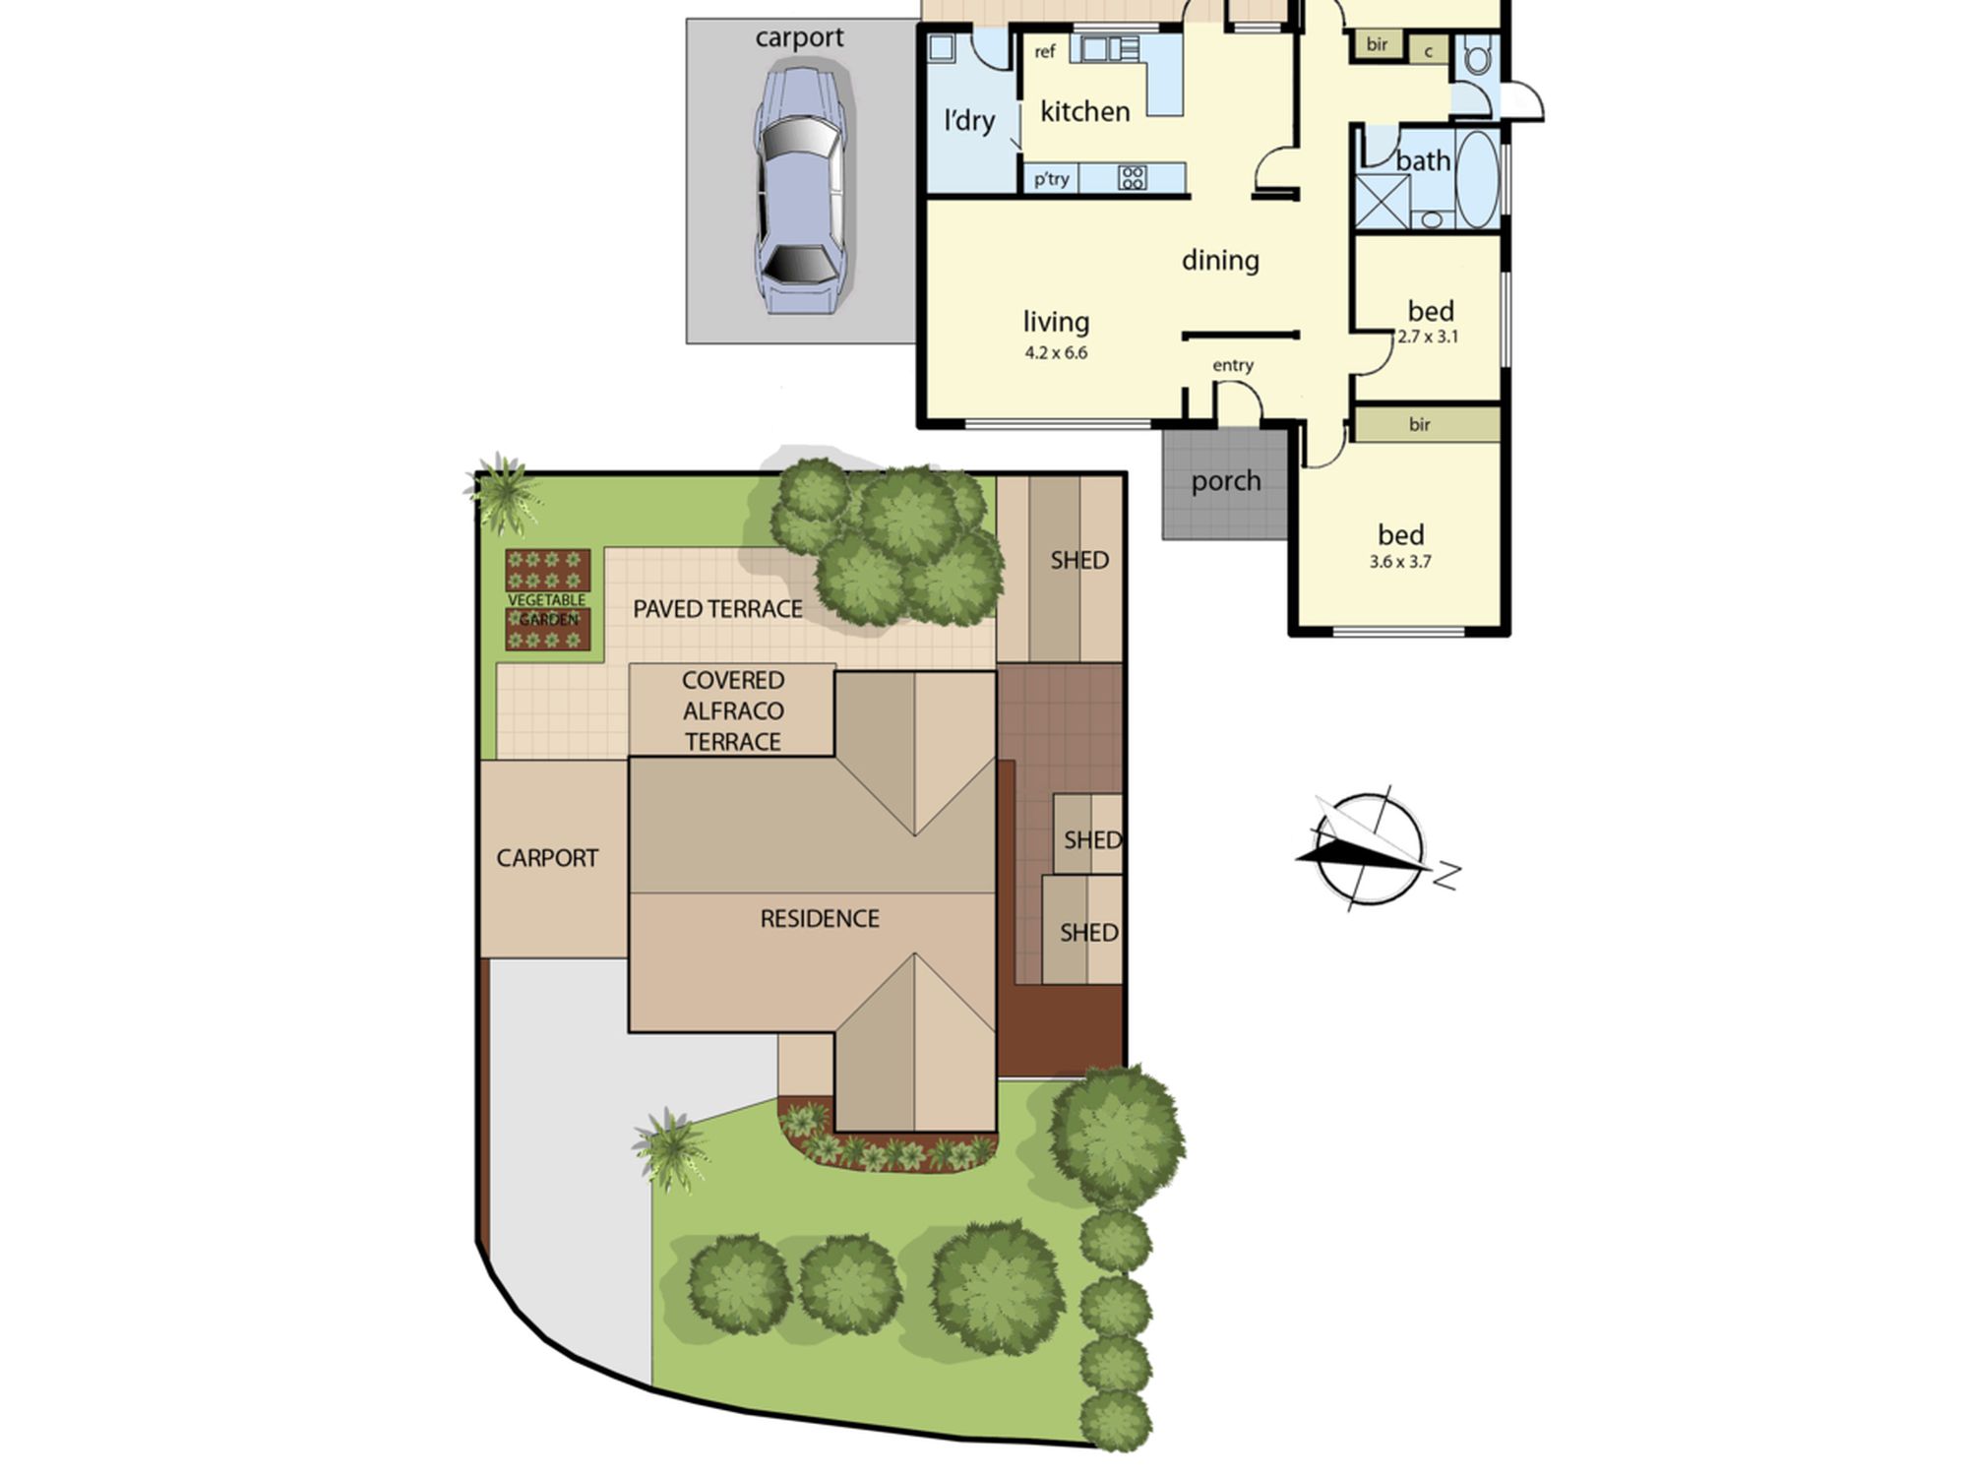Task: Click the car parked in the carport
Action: tap(799, 190)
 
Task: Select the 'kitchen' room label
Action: tap(1084, 112)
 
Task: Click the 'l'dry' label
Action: tap(969, 120)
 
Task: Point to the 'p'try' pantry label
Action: tap(1051, 179)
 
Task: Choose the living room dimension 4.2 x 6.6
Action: tap(1056, 352)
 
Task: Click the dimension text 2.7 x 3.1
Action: tap(1428, 337)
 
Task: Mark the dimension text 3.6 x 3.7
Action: tap(1400, 562)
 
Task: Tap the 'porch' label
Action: tap(1226, 481)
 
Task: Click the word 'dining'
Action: tap(1220, 260)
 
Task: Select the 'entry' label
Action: tap(1233, 365)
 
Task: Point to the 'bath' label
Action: tap(1423, 160)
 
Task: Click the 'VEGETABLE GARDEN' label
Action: tap(547, 609)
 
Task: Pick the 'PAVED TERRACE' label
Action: tap(717, 609)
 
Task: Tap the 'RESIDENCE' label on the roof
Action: tap(820, 918)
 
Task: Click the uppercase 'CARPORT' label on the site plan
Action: tap(547, 858)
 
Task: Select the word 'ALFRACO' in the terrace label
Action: tap(733, 710)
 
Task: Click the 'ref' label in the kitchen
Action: tap(1045, 51)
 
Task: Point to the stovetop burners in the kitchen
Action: tap(1132, 178)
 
